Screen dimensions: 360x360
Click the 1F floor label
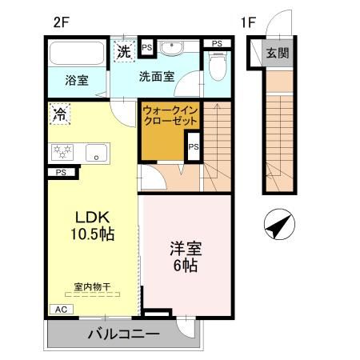(247, 22)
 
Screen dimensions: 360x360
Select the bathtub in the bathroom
(77, 54)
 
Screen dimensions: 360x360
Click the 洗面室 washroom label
(157, 78)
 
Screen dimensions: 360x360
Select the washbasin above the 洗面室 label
(170, 49)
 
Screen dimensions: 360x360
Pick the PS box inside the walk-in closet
(193, 146)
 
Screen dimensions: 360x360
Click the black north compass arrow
(277, 226)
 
